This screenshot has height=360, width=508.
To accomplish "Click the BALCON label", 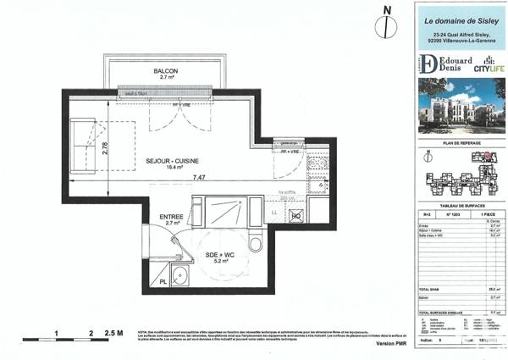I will tap(164, 70).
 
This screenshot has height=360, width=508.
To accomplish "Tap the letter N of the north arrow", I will tap(387, 10).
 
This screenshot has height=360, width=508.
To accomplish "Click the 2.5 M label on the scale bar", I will tap(113, 334).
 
